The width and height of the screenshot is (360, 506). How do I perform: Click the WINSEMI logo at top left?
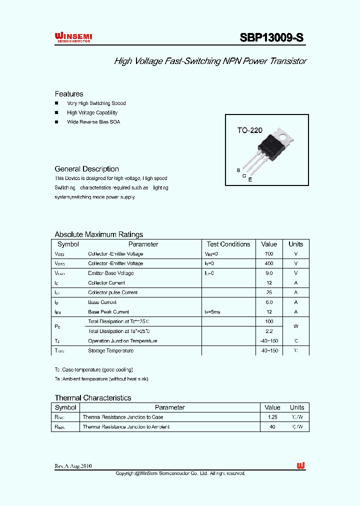click(x=73, y=37)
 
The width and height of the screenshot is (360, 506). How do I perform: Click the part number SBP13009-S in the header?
click(x=271, y=38)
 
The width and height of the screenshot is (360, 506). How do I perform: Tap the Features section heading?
click(x=69, y=94)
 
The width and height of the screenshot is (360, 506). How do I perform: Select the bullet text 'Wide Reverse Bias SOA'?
click(x=93, y=122)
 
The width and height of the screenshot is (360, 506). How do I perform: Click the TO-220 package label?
click(x=249, y=130)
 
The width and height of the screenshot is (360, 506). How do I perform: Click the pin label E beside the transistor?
click(x=250, y=179)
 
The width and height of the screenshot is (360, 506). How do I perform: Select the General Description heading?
click(x=86, y=169)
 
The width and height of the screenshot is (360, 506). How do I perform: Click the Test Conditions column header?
click(x=228, y=244)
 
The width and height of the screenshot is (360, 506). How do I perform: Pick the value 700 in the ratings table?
click(x=269, y=254)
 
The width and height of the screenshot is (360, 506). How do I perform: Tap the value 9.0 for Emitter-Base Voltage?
click(x=269, y=273)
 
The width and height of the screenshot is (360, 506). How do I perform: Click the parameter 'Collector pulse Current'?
click(x=112, y=292)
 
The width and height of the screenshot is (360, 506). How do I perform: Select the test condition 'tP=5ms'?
click(x=212, y=312)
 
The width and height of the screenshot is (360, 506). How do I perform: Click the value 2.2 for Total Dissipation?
click(x=269, y=331)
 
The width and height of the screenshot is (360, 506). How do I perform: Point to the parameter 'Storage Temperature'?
click(x=110, y=351)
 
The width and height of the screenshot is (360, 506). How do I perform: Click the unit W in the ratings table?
click(x=295, y=326)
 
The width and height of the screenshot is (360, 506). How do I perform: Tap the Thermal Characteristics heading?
click(x=93, y=398)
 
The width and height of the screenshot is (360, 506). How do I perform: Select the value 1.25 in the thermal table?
click(x=272, y=417)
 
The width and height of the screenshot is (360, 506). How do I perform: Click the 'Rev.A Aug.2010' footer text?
click(x=73, y=466)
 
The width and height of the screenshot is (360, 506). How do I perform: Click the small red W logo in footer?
click(x=300, y=466)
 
